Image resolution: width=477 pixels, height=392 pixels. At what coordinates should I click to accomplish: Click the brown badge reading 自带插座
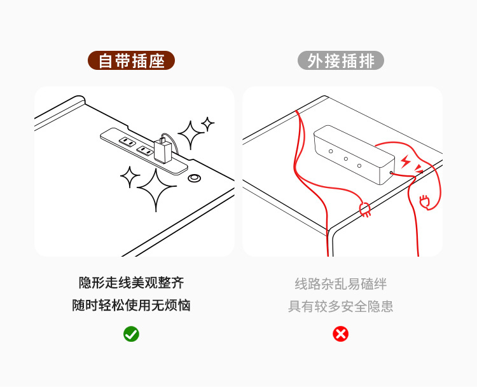click(131, 61)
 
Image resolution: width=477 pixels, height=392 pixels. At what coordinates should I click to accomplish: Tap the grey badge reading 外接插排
click(341, 61)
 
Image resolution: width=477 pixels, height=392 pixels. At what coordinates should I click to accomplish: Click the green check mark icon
click(131, 334)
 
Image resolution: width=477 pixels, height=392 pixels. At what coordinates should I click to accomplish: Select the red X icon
click(341, 334)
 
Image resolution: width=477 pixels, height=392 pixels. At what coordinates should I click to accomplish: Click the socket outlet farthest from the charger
click(127, 142)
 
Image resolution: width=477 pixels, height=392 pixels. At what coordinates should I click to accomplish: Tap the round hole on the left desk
click(195, 179)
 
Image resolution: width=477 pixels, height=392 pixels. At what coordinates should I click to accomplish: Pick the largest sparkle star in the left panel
click(156, 189)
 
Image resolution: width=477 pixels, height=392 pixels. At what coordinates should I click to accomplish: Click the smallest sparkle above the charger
click(207, 123)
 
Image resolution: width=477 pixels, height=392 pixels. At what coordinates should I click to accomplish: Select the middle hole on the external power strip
click(345, 159)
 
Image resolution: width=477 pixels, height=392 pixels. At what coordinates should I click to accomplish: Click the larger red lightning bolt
click(406, 161)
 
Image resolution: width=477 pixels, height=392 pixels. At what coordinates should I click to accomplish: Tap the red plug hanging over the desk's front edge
click(366, 210)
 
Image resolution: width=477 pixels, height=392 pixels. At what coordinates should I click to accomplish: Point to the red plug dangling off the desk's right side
click(425, 202)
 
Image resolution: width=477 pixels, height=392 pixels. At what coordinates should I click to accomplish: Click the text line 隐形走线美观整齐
click(131, 283)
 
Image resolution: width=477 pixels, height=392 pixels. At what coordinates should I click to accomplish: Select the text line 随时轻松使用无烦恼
click(131, 306)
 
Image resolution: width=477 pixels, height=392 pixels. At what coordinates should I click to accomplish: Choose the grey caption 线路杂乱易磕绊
click(341, 283)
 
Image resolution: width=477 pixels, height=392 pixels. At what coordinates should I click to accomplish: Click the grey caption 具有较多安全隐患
click(341, 306)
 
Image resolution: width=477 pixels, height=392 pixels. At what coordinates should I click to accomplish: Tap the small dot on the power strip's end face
click(391, 172)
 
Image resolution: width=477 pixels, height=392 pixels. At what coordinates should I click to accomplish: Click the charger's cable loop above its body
click(166, 139)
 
